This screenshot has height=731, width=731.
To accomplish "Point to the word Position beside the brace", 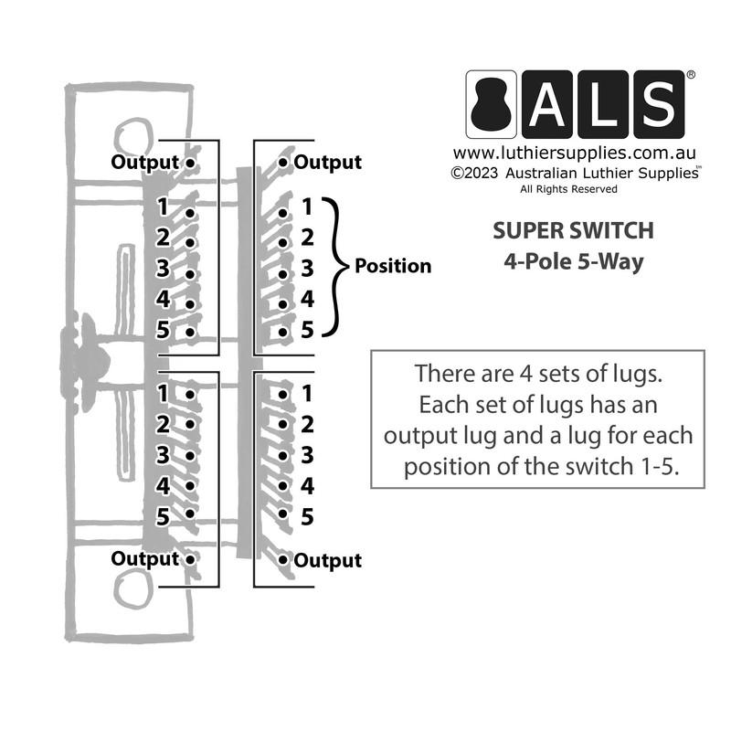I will (392, 266).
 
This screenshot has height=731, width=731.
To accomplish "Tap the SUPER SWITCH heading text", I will (573, 229).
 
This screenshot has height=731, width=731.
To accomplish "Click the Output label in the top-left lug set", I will (144, 163).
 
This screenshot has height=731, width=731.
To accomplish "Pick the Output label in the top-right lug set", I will (327, 163).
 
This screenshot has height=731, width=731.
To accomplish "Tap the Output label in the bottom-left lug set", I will (144, 558).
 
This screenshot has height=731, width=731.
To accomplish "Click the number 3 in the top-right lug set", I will (307, 269).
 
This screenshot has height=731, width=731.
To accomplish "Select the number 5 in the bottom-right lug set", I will (307, 517).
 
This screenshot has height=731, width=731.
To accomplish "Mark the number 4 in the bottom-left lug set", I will (163, 485).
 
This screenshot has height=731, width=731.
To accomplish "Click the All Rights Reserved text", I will (568, 189).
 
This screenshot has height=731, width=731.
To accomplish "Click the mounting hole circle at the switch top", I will (132, 136).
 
